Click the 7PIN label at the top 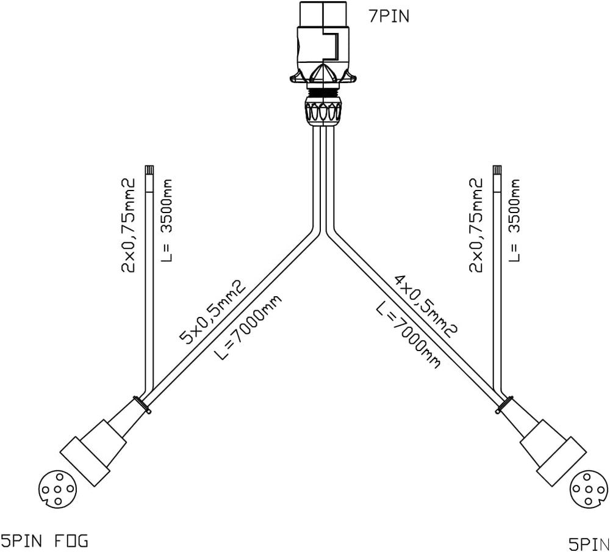click(389, 16)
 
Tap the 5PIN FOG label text click(44, 540)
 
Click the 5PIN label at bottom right click(589, 543)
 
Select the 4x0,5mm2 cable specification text click(426, 306)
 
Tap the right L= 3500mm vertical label click(515, 220)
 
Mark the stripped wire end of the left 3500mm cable click(149, 171)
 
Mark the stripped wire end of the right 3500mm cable click(497, 171)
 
